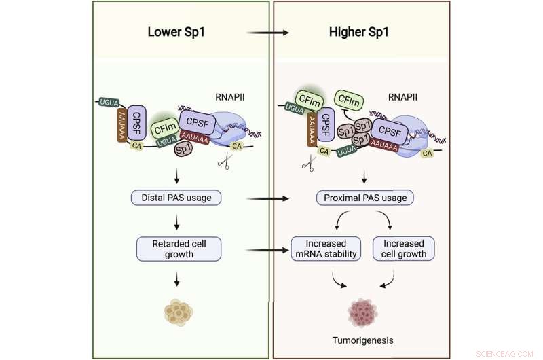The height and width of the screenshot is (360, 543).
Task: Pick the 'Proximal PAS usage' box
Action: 365,198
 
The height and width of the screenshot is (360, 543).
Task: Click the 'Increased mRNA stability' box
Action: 324,249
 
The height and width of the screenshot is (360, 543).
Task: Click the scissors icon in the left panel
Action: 224,162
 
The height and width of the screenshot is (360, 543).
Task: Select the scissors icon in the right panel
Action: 307,162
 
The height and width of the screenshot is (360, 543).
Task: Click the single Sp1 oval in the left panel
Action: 181,149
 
